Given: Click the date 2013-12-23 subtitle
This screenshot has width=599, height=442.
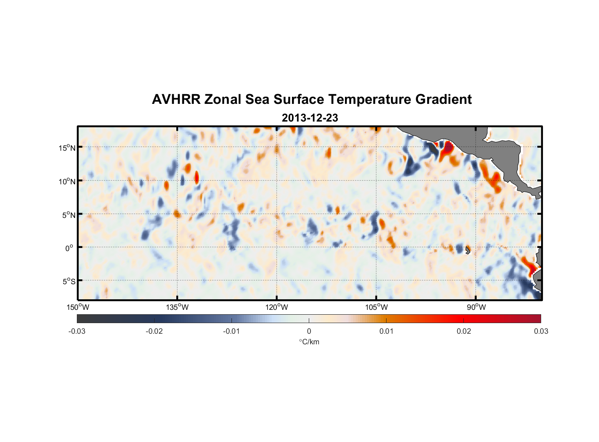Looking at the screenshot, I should [310, 118].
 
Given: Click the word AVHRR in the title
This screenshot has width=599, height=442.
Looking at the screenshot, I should [176, 99].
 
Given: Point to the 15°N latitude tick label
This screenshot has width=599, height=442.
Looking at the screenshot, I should [67, 148].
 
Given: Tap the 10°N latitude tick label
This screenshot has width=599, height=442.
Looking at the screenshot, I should [67, 181].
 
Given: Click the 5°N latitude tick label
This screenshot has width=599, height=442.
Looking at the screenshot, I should [68, 215].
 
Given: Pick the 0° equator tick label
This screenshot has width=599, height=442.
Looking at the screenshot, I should [69, 248].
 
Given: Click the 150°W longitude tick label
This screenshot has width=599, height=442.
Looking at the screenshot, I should [78, 307].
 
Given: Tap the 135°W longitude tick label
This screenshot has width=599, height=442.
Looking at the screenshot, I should [178, 307].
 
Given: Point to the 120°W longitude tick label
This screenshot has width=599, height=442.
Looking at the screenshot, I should [277, 307].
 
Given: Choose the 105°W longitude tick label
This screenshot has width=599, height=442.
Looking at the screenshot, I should [376, 307].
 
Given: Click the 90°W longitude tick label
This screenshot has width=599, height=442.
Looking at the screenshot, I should [476, 307].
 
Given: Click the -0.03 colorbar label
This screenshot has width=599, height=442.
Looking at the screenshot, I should [77, 331].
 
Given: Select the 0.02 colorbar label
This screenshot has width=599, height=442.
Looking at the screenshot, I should [463, 331].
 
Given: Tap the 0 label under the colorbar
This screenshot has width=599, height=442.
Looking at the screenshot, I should [309, 331].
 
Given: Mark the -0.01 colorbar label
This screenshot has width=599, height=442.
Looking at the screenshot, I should [231, 331].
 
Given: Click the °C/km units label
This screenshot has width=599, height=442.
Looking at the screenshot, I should [309, 342].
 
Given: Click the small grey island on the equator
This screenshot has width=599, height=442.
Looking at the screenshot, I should [468, 250].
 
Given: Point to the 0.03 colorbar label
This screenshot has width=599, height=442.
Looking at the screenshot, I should [541, 331].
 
